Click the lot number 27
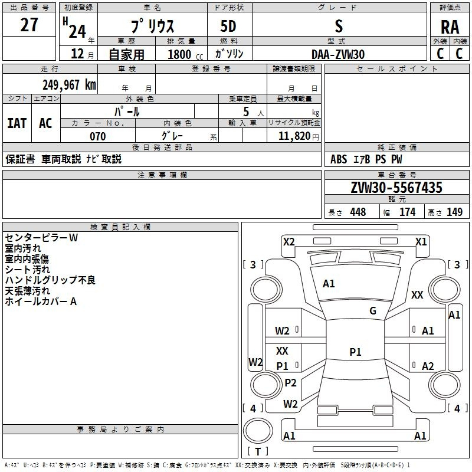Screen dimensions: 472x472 [29, 25]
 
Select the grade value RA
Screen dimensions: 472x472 [450, 27]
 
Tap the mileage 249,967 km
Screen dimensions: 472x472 [69, 84]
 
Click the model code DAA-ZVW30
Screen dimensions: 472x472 [338, 54]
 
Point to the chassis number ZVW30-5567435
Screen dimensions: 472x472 [396, 188]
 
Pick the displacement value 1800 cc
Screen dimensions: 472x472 [183, 55]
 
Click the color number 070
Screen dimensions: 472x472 [97, 136]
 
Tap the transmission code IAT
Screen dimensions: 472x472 [17, 123]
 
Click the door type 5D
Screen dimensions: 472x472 [229, 27]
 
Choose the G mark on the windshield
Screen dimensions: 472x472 [373, 311]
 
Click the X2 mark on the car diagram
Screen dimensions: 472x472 [289, 241]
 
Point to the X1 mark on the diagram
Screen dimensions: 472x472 [421, 241]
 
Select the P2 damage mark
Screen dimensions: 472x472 [290, 382]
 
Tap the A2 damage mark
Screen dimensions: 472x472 [428, 366]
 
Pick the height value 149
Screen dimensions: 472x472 [454, 212]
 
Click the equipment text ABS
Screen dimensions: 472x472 [339, 159]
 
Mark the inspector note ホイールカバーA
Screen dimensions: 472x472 [41, 301]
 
